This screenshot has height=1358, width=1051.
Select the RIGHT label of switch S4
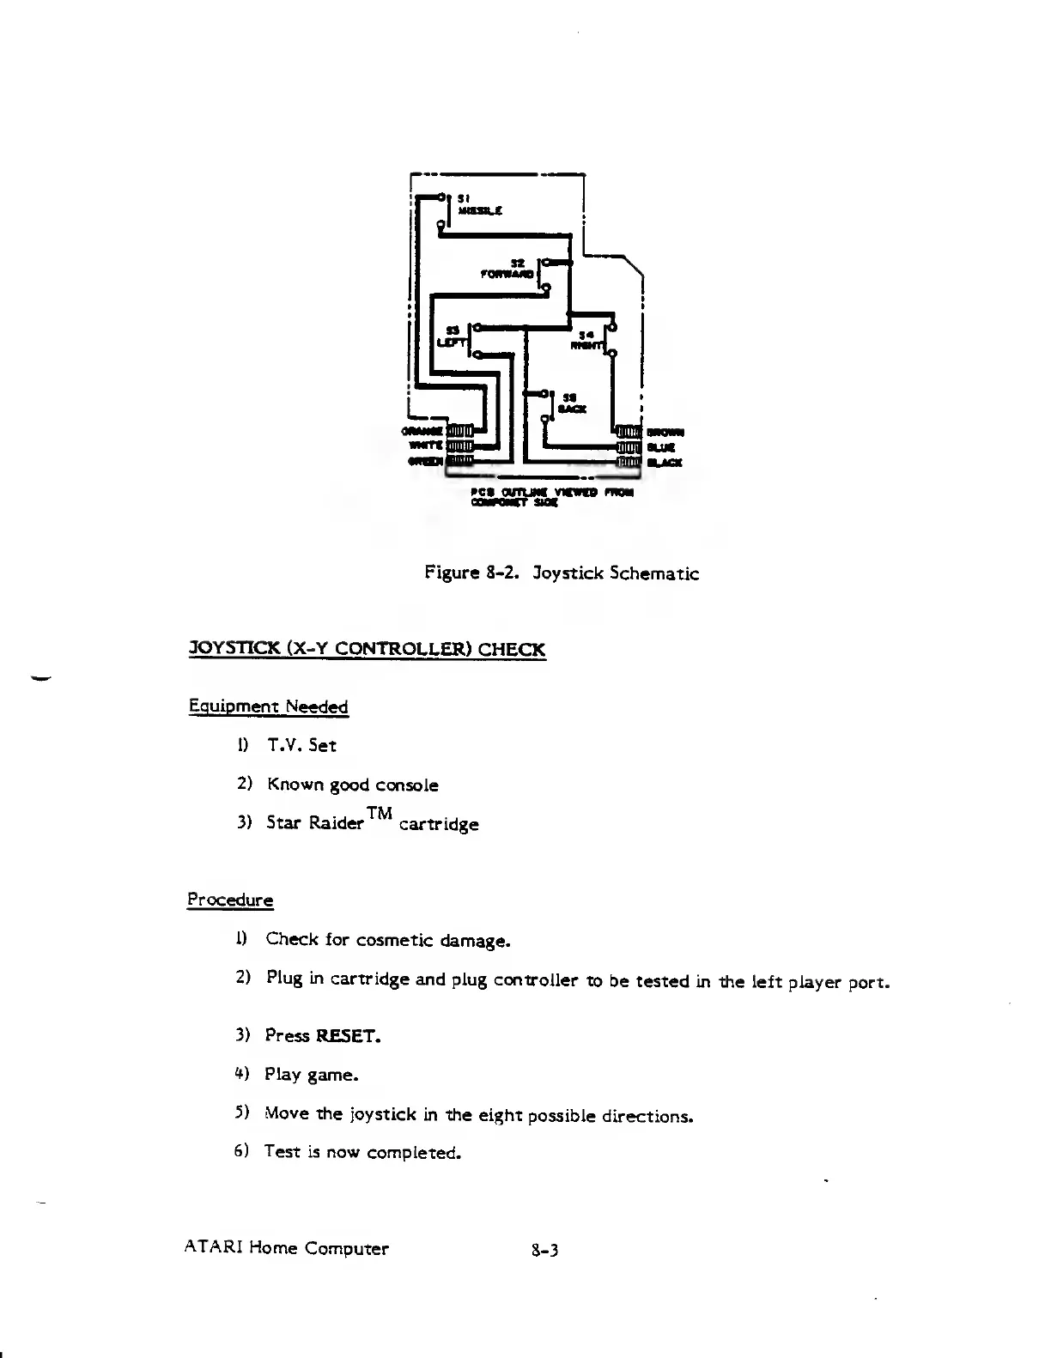[586, 345]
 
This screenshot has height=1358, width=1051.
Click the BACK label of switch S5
[572, 409]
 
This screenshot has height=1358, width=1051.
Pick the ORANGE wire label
[423, 430]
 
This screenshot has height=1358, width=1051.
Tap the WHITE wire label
[427, 446]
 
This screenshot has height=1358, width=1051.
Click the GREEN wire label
[426, 462]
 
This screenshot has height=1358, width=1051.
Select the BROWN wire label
[665, 432]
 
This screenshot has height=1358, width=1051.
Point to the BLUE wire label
[661, 447]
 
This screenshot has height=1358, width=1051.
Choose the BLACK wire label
[665, 463]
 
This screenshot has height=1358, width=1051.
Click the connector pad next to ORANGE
[460, 430]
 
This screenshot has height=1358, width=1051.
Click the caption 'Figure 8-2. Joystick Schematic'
[562, 573]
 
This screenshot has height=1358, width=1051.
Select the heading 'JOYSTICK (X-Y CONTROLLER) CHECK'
[367, 649]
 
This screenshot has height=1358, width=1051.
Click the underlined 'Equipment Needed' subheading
[268, 707]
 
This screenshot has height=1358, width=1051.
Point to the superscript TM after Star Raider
[379, 813]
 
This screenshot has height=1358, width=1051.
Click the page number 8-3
[545, 1250]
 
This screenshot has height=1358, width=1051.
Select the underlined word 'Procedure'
[230, 900]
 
